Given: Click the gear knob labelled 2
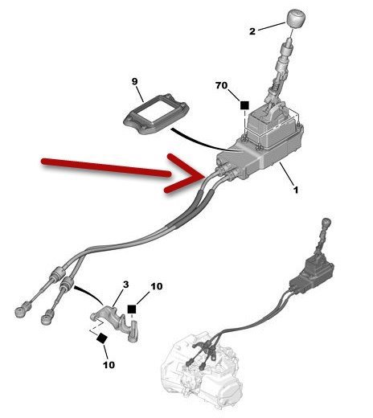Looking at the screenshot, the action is coord(297,18).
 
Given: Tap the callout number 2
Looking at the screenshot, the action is coord(252,31).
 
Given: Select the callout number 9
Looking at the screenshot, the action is coord(134,81).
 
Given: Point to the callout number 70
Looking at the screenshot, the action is coord(221,85).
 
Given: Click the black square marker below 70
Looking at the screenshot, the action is coord(244,105).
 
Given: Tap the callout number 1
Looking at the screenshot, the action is coord(296,190).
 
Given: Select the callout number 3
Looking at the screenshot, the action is coord(126,285).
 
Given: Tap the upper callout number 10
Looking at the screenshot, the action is coord(157,286).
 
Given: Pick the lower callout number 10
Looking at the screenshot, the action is coord(109,365).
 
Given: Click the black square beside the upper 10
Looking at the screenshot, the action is coord(132,309).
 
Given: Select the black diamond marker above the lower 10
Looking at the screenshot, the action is coord(102,338).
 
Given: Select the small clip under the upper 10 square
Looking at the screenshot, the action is coord(133,331).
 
